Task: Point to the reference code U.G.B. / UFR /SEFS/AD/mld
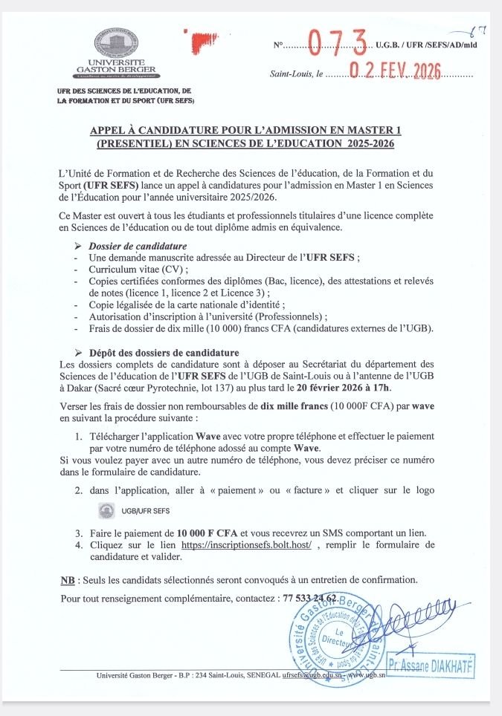[x=426, y=45]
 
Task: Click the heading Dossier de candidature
[x=138, y=246]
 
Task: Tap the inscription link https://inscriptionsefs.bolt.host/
[x=246, y=544]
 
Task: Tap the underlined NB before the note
[x=66, y=579]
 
